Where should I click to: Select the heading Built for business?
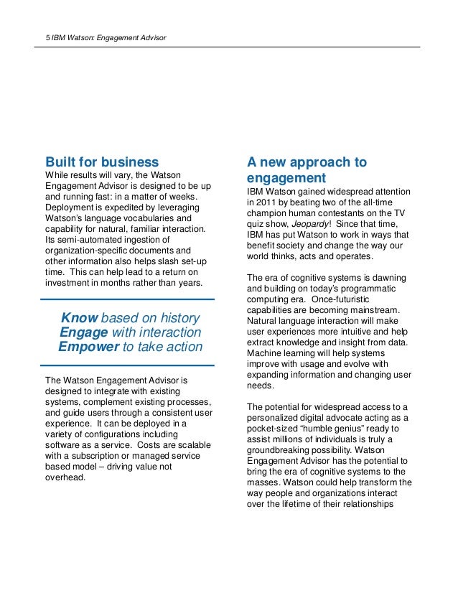pyautogui.click(x=101, y=161)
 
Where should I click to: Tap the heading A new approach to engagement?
pyautogui.click(x=307, y=169)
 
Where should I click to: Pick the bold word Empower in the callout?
pyautogui.click(x=88, y=348)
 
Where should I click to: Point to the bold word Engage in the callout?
pyautogui.click(x=84, y=333)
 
